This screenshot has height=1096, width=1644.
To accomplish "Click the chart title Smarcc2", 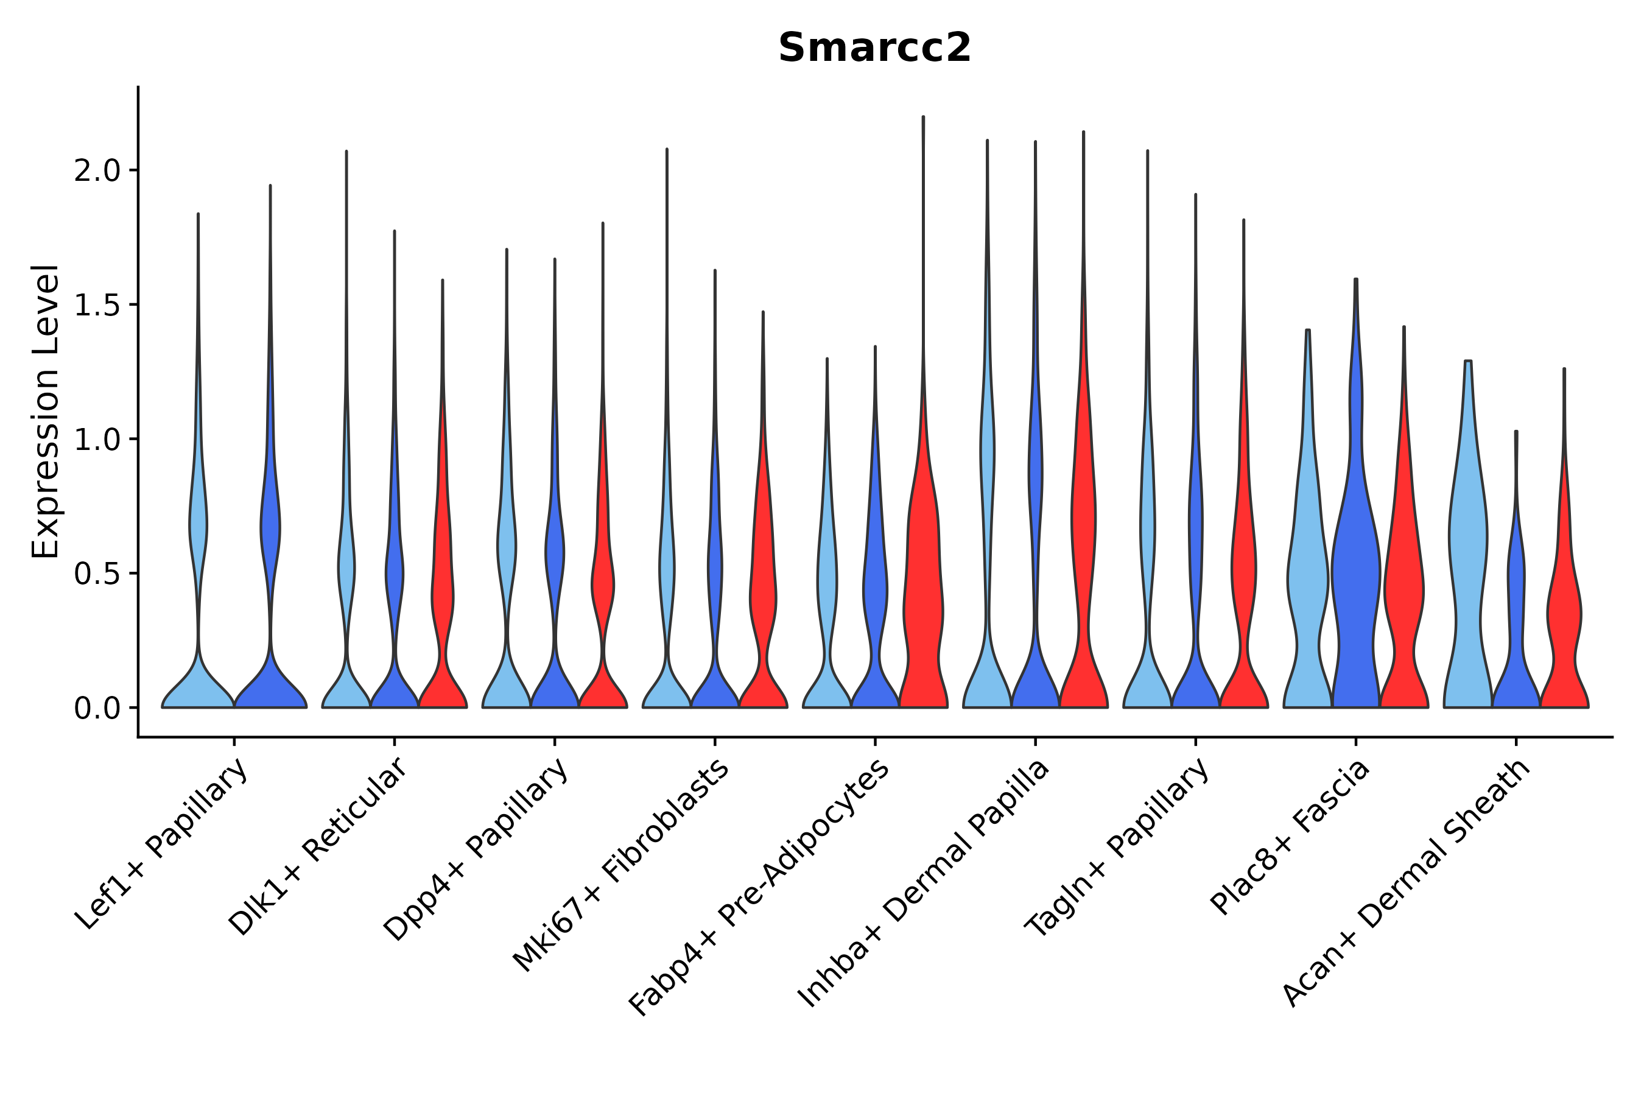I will (x=874, y=48).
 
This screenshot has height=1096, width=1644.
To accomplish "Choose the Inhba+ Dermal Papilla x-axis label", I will (x=924, y=883).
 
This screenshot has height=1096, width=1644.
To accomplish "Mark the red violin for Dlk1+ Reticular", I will (x=443, y=594).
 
